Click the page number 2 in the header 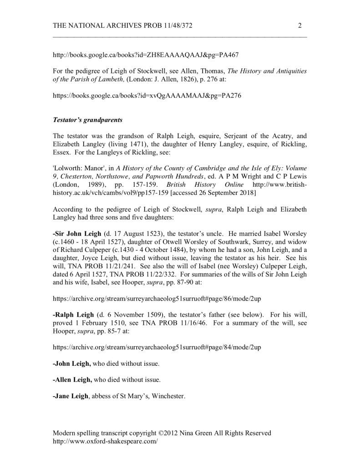[300, 26]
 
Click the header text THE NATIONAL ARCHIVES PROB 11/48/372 [122, 26]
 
